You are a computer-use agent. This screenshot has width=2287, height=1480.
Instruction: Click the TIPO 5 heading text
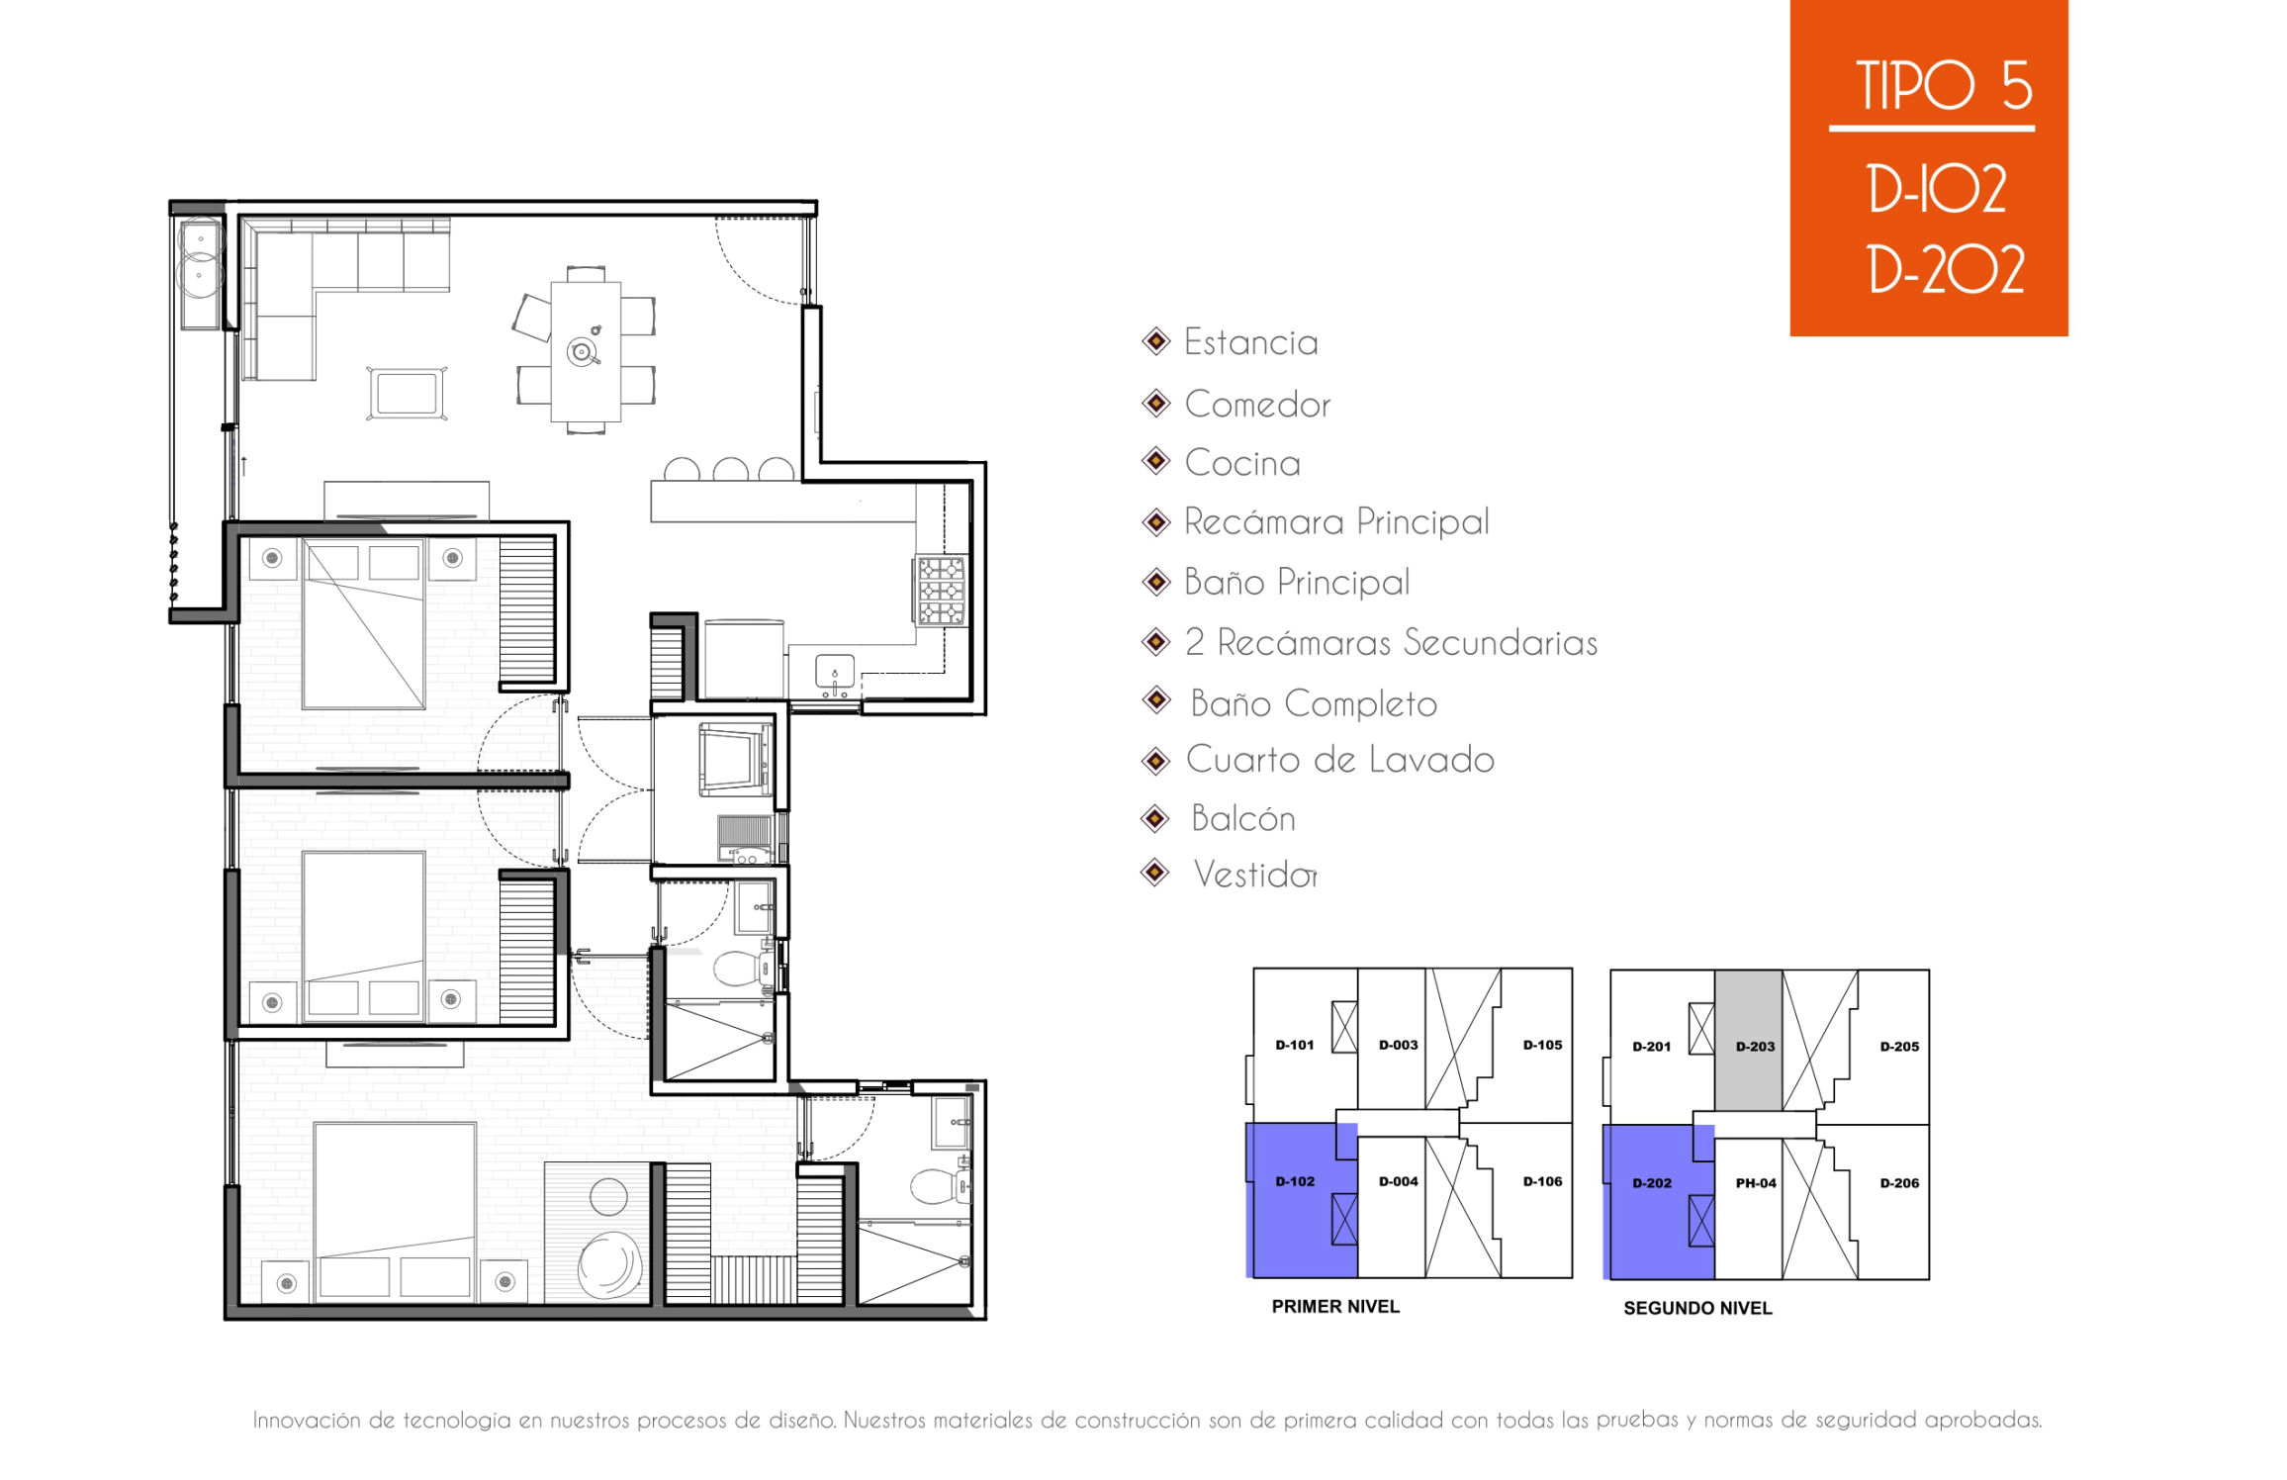tap(1943, 85)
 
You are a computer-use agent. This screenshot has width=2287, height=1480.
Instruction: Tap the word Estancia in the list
tap(1251, 342)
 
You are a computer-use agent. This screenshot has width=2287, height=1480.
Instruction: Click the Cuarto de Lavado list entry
tap(1340, 760)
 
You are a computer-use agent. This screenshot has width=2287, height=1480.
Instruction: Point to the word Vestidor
tap(1255, 875)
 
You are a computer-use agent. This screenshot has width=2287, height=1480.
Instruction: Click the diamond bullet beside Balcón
tap(1155, 818)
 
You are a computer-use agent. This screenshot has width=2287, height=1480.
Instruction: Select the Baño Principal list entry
tap(1297, 582)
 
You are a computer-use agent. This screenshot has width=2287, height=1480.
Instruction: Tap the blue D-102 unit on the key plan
tap(1296, 1200)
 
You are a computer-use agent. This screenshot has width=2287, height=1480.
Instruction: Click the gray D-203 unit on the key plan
tap(1748, 1041)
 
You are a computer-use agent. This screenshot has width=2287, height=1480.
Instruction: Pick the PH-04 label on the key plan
tap(1756, 1183)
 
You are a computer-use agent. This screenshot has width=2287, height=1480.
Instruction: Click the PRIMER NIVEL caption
tap(1335, 1307)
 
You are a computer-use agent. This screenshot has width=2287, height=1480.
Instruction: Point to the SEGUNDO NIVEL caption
tap(1697, 1309)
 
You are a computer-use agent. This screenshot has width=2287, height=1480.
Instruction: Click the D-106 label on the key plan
tap(1542, 1181)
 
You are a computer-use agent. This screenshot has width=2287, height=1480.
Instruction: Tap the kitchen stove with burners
tap(941, 591)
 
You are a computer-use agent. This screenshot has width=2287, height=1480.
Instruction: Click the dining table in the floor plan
tap(586, 352)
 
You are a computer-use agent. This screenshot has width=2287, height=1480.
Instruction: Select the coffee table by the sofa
tap(407, 394)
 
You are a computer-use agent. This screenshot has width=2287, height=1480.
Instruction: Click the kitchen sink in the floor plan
tap(835, 671)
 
